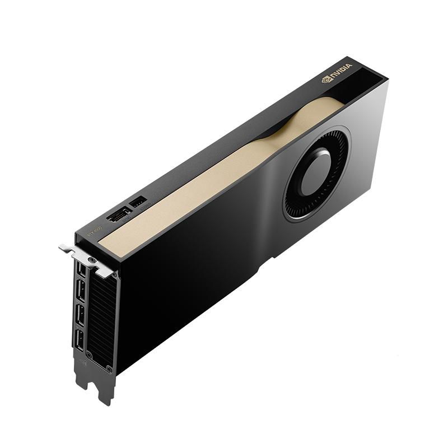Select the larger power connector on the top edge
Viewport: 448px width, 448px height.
118,216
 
